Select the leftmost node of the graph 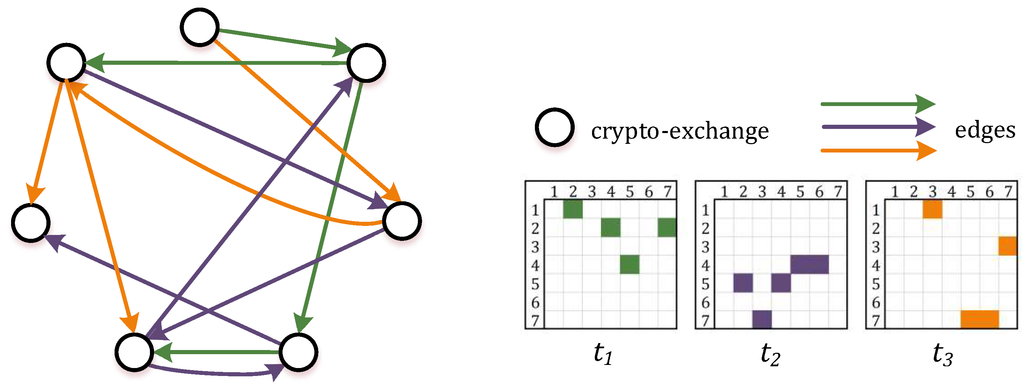31,223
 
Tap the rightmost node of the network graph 402,221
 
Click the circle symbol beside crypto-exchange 555,127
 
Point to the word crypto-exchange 680,131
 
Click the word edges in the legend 985,130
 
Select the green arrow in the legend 877,104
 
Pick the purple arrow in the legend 877,127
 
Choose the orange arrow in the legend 877,150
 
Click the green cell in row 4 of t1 629,264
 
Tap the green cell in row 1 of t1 573,209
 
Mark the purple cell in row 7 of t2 762,320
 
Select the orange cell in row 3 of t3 1007,246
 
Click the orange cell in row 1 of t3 932,209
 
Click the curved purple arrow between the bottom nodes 216,373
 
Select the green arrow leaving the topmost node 280,39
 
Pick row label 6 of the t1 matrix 535,303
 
